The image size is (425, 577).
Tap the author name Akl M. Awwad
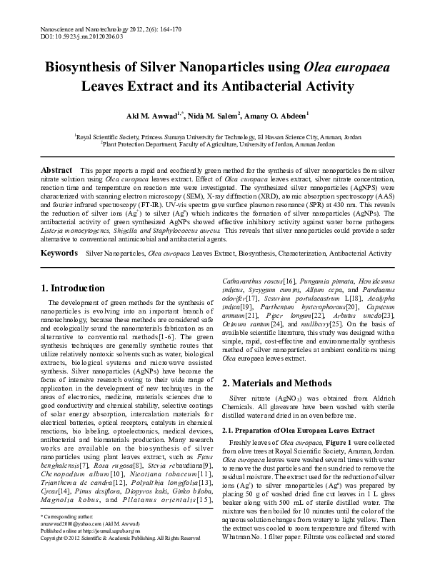click(x=155, y=114)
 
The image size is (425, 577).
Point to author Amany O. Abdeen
click(x=278, y=114)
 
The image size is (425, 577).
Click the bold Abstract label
click(x=57, y=171)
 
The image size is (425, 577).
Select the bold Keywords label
click(x=60, y=253)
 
